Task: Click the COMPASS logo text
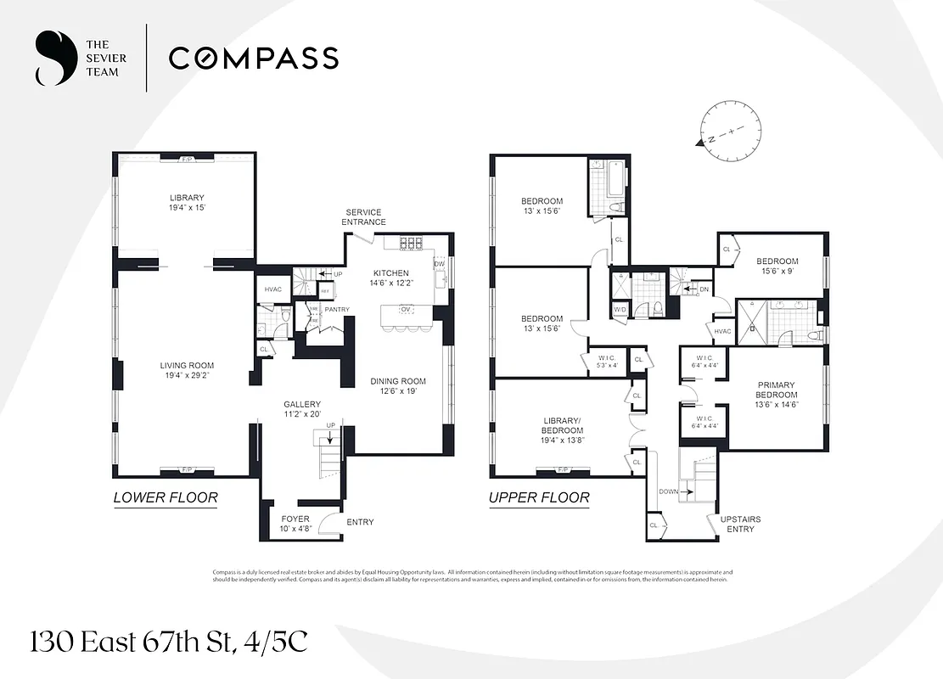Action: coord(253,58)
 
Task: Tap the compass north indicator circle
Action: coord(724,129)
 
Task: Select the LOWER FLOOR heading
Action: coord(166,498)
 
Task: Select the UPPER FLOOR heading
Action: coord(539,498)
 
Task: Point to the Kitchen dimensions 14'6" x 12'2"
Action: coord(391,284)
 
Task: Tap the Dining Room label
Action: coord(398,381)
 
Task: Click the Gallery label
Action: coord(301,404)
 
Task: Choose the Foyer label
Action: coord(295,518)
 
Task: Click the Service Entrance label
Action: coord(363,217)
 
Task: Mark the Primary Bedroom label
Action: coord(777,390)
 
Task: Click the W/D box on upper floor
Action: coord(620,310)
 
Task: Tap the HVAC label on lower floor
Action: coord(273,289)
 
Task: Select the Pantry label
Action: coord(338,310)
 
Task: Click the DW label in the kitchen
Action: coord(439,264)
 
